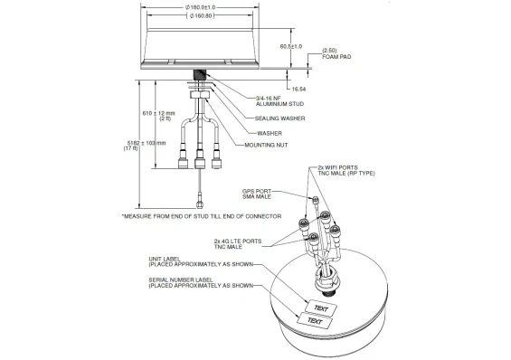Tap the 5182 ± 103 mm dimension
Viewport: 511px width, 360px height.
click(x=150, y=146)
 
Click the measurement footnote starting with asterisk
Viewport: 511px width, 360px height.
click(x=201, y=217)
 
